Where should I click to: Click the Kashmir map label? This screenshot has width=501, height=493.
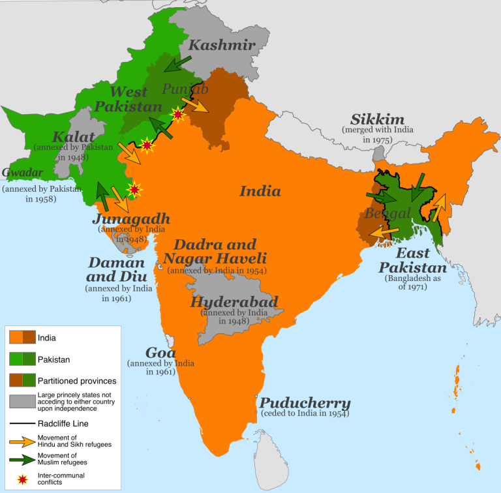(x=222, y=45)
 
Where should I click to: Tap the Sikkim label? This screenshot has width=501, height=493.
(x=377, y=119)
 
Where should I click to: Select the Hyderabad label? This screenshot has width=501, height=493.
(x=234, y=302)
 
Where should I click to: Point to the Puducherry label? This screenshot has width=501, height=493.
(x=305, y=402)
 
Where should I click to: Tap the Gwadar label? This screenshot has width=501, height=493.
(x=23, y=173)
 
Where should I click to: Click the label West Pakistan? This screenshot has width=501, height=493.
(x=136, y=99)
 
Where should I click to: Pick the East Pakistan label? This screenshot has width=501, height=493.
(x=413, y=260)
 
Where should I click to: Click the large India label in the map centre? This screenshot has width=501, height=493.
(x=260, y=191)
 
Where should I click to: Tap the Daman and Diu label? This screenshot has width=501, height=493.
(x=117, y=270)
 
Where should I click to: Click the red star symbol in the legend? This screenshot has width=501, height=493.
(x=23, y=480)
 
